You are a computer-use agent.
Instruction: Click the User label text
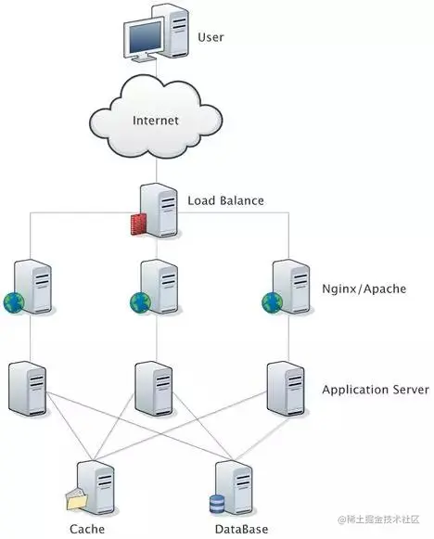tap(211, 37)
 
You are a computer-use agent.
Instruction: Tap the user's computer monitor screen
tap(145, 37)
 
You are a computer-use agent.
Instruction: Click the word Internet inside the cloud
tap(155, 121)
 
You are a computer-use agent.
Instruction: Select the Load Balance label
tap(225, 200)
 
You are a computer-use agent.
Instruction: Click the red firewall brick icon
tap(138, 224)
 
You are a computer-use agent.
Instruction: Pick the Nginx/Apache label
tap(364, 289)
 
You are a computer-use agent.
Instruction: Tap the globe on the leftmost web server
tap(14, 302)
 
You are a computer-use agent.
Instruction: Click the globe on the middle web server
tap(140, 302)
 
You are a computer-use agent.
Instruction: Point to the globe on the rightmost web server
tap(272, 302)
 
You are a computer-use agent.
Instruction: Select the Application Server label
tap(376, 390)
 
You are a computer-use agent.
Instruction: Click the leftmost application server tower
tap(28, 389)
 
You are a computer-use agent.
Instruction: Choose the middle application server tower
tap(154, 389)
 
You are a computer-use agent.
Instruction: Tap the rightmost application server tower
tap(286, 389)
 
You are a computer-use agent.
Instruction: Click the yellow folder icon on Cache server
tap(77, 499)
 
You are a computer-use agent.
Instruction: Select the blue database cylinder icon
tap(217, 504)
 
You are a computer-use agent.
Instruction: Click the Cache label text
tap(87, 529)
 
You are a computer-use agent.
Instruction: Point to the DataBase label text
tap(241, 529)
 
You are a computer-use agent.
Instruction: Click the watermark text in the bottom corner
tap(378, 520)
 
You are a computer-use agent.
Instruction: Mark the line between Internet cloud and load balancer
tap(157, 172)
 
